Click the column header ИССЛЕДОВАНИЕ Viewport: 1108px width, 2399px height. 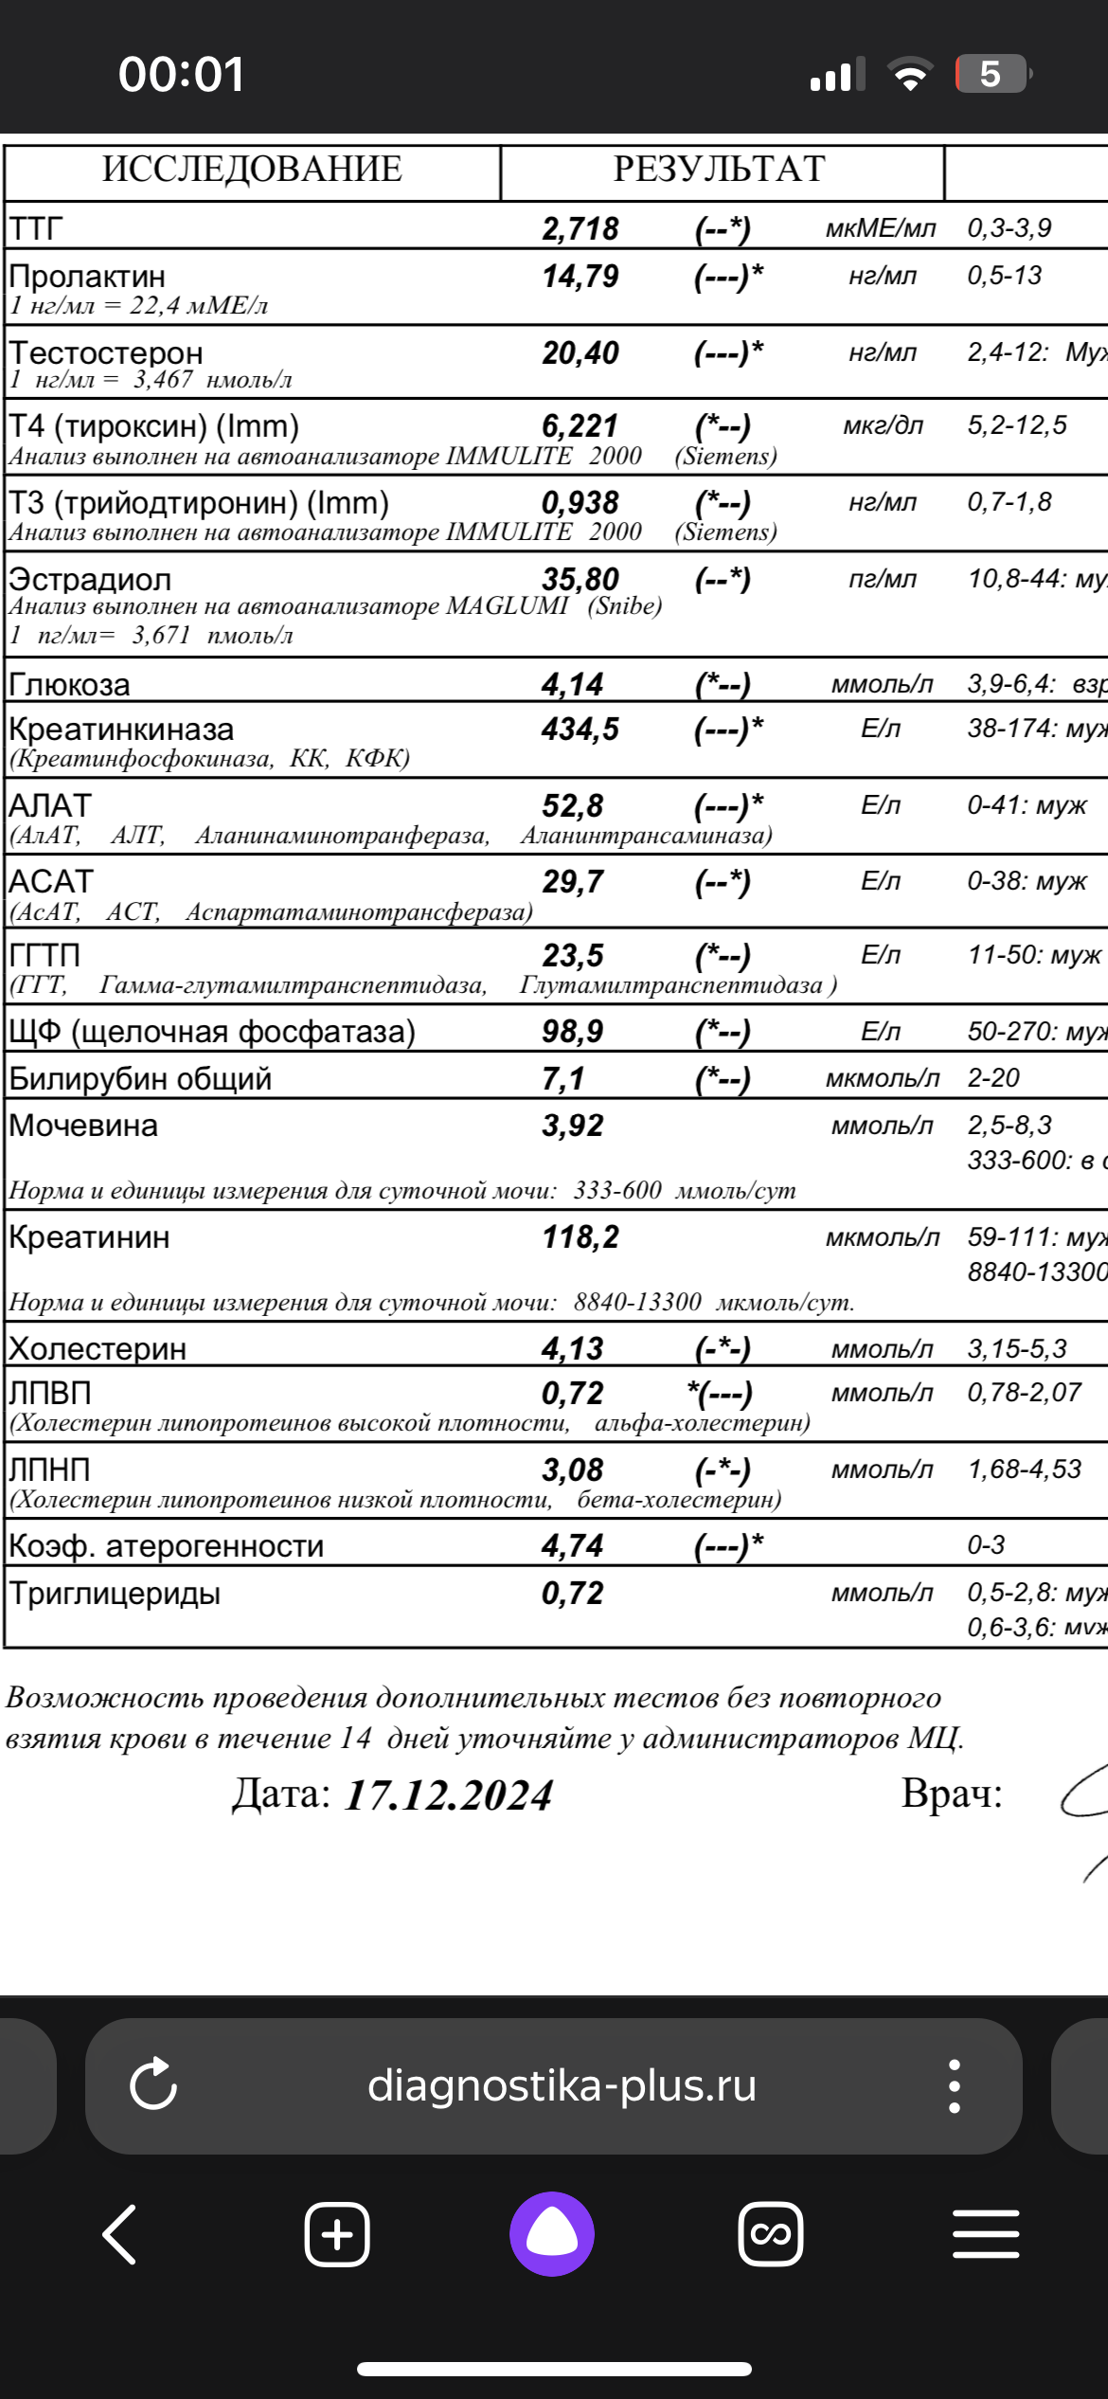click(x=252, y=170)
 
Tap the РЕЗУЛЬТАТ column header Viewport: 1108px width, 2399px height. click(x=719, y=170)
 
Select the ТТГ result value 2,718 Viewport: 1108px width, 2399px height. click(x=580, y=228)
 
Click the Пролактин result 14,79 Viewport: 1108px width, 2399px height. click(x=580, y=277)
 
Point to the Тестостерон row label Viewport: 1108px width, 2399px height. click(x=106, y=352)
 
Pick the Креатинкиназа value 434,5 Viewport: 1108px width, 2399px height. click(x=580, y=729)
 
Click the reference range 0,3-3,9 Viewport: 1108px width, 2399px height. click(x=1009, y=228)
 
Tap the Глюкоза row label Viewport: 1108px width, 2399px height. click(x=69, y=684)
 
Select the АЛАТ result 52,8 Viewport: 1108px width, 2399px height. click(x=572, y=805)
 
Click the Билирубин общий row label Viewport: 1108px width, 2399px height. click(x=140, y=1078)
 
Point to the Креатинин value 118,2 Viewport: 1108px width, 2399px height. click(x=580, y=1236)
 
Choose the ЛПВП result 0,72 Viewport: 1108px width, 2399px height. click(x=572, y=1393)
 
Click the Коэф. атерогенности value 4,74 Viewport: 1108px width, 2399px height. click(x=572, y=1545)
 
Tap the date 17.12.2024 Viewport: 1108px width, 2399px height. click(x=448, y=1795)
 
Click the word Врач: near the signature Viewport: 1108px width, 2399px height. click(x=951, y=1793)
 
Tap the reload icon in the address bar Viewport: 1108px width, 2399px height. click(x=153, y=2085)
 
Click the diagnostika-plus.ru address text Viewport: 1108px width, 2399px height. click(x=562, y=2085)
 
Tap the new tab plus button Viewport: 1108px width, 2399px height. click(x=337, y=2234)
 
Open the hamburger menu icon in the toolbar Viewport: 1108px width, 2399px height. click(x=986, y=2234)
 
